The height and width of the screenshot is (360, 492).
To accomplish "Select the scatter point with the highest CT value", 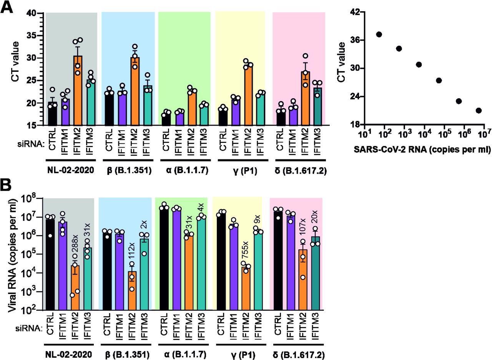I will tap(379, 35).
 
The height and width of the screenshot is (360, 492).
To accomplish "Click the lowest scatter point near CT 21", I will tap(479, 111).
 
